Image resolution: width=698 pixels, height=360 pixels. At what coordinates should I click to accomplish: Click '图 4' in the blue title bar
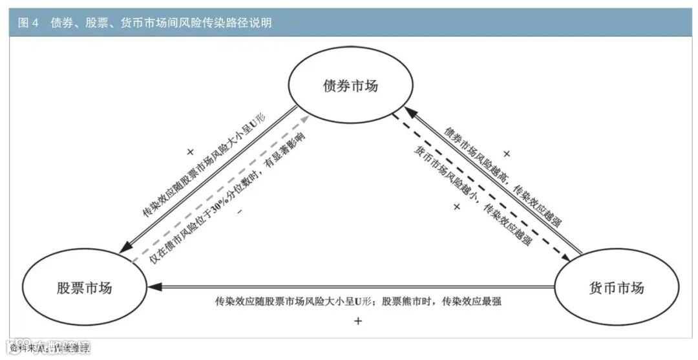pyautogui.click(x=29, y=23)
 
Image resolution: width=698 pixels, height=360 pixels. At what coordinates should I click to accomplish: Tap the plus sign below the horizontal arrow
pyautogui.click(x=358, y=321)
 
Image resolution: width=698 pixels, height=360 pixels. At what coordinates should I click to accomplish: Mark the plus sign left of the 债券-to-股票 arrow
pyautogui.click(x=190, y=152)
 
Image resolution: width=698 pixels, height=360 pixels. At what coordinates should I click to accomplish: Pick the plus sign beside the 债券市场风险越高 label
pyautogui.click(x=506, y=154)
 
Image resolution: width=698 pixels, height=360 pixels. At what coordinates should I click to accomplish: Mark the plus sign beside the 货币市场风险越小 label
pyautogui.click(x=456, y=207)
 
